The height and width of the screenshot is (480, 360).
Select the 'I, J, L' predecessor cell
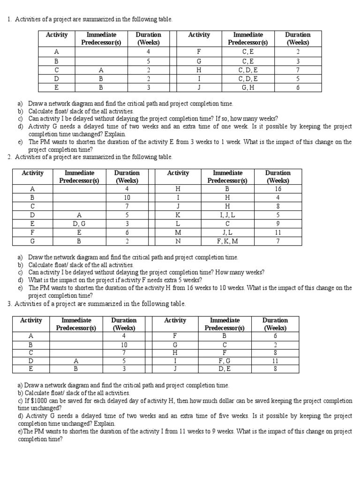227,215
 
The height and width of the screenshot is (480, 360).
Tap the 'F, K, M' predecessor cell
227,241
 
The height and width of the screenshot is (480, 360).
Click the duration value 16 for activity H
278,189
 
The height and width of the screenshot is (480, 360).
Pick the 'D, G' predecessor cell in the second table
79,224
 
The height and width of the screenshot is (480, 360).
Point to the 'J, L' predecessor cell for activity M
227,232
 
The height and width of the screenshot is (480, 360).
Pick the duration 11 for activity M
278,232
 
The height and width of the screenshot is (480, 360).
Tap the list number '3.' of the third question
9,304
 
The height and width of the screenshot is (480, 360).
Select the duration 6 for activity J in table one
297,87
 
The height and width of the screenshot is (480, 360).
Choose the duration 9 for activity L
278,224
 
